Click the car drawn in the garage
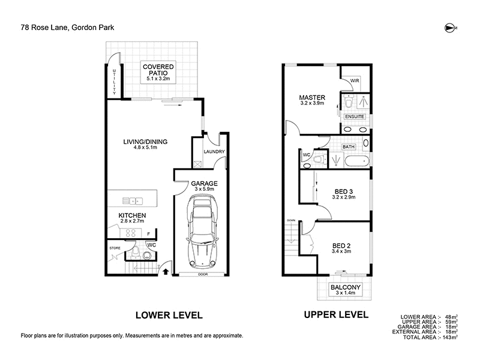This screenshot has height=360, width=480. [x=200, y=231]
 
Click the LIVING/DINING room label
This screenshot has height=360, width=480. [x=146, y=142]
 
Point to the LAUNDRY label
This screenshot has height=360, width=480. [x=213, y=152]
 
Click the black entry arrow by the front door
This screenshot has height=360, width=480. [x=166, y=272]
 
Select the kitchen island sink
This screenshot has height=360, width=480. [x=133, y=201]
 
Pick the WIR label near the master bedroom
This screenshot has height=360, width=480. [x=354, y=80]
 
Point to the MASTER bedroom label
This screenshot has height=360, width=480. [x=313, y=97]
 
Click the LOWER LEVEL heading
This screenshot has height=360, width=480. [x=169, y=315]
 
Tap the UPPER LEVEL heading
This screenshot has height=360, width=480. [x=336, y=315]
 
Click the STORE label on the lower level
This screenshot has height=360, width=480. [x=115, y=247]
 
